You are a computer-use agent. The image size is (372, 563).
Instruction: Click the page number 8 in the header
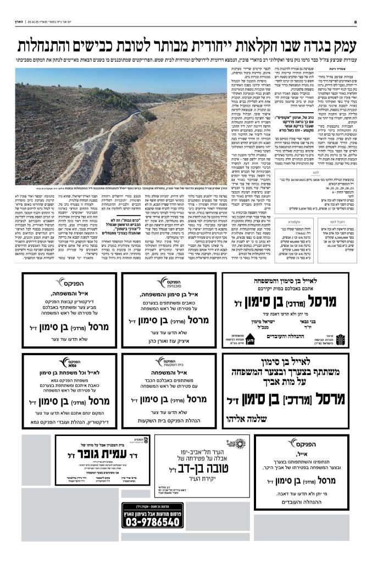(356, 22)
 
